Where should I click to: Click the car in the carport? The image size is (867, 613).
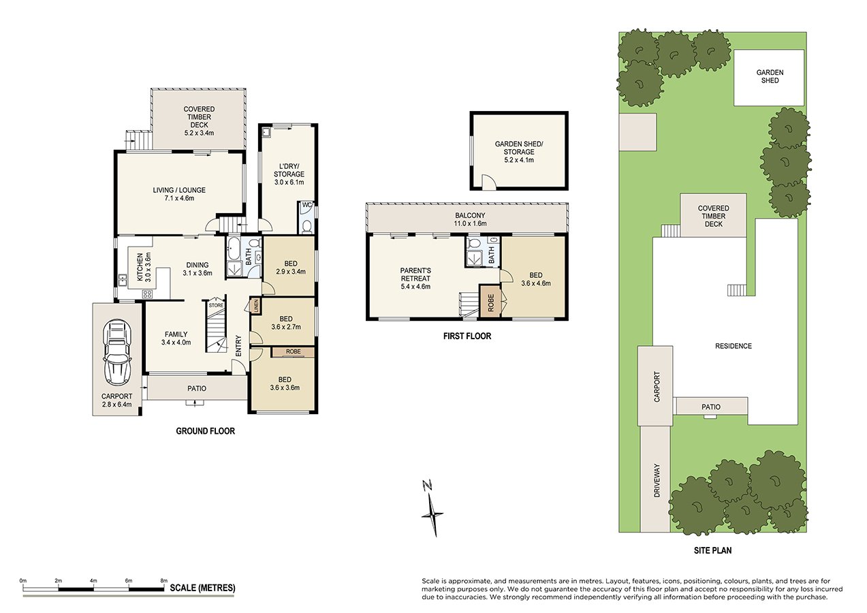117,351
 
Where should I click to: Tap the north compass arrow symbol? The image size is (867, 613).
430,508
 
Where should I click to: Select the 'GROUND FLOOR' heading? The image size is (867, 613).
205,431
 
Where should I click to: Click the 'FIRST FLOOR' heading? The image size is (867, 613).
467,336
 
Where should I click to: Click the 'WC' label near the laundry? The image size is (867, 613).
306,205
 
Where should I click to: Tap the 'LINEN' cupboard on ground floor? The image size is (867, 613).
255,306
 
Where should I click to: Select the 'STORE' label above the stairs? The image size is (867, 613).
216,305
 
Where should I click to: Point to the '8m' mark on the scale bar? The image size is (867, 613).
163,580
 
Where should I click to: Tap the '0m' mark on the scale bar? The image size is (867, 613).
22,580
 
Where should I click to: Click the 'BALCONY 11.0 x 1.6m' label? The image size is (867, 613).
467,219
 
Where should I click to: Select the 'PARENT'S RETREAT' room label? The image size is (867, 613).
415,279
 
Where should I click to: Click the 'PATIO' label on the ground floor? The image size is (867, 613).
196,388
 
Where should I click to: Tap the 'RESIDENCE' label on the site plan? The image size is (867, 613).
734,346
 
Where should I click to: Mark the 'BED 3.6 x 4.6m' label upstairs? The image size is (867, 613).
535,279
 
